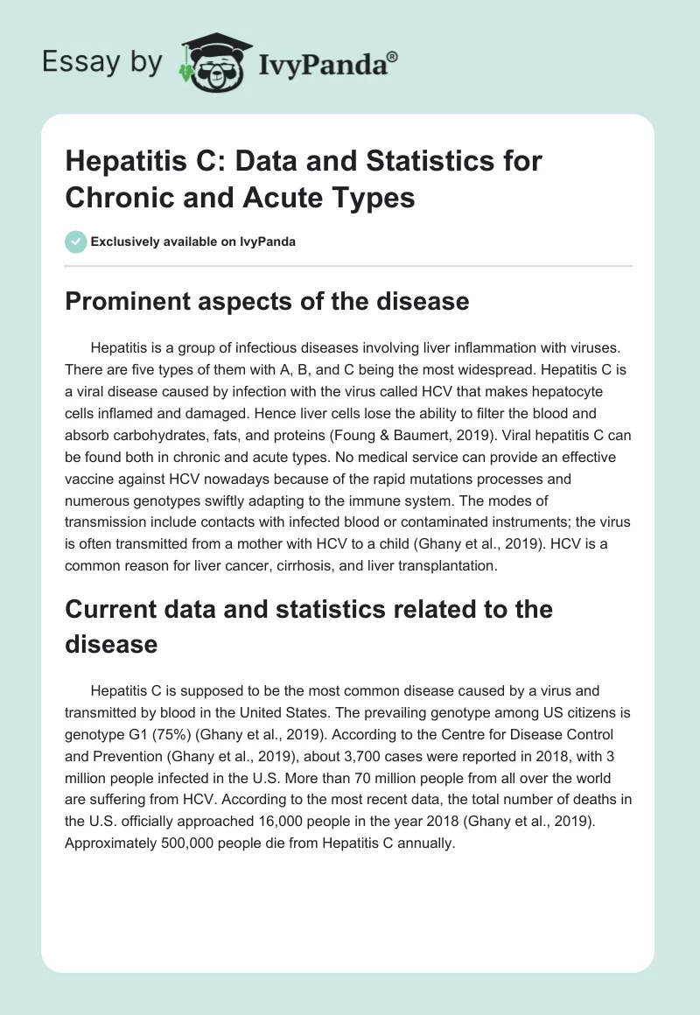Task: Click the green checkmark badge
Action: pyautogui.click(x=75, y=241)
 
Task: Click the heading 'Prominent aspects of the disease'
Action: pyautogui.click(x=267, y=302)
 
